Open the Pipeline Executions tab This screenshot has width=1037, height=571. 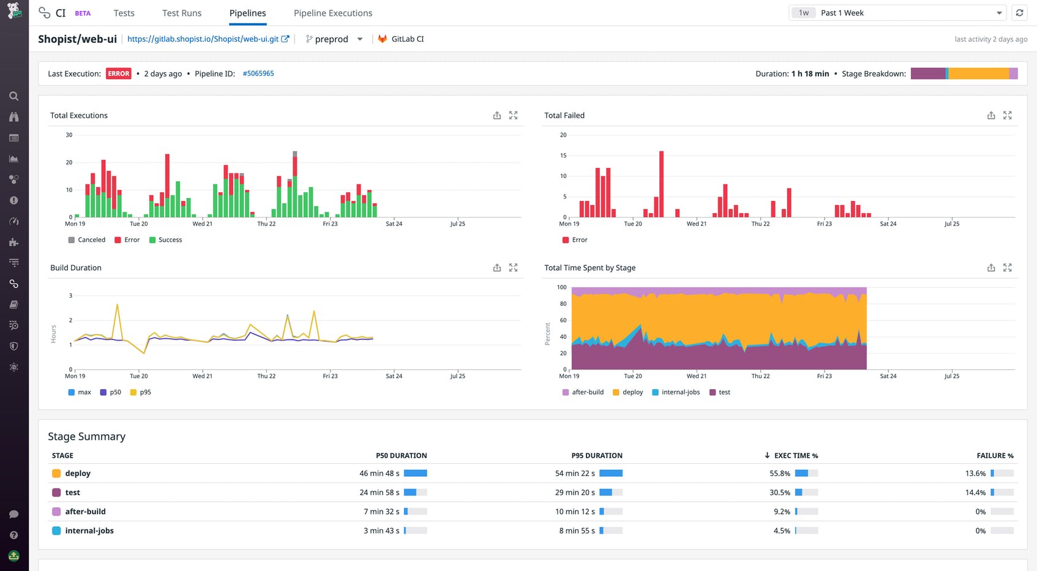pos(332,13)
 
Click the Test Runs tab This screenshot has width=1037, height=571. pos(181,13)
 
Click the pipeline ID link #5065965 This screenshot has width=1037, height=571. pos(258,74)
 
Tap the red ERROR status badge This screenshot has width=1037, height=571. pos(118,74)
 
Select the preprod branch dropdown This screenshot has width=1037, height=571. pos(334,39)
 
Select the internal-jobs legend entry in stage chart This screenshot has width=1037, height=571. pos(680,393)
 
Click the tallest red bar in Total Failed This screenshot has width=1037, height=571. pos(661,184)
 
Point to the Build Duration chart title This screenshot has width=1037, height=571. pos(76,268)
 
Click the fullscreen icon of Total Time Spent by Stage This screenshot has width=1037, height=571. pos(1007,268)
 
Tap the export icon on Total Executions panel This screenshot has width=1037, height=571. pos(496,115)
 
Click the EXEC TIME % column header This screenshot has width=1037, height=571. pos(795,456)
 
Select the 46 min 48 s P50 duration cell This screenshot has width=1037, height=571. pos(379,474)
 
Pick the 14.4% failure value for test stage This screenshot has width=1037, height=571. pos(975,493)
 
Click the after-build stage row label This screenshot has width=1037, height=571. pos(85,512)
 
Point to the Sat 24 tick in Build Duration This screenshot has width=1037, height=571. pos(394,376)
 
